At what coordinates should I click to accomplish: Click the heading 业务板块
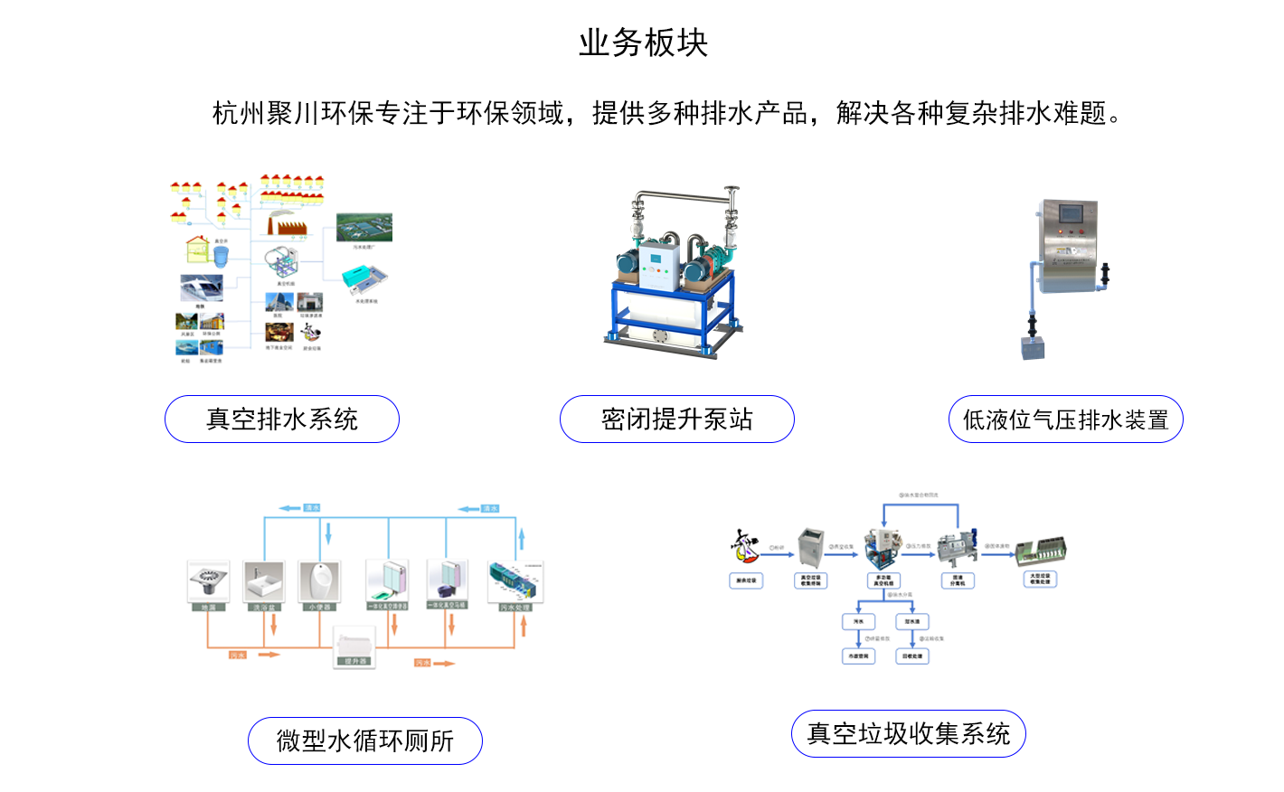click(x=643, y=42)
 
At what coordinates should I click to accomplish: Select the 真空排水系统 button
click(x=282, y=420)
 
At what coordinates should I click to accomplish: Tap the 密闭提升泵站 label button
click(x=677, y=420)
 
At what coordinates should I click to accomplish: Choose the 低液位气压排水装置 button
click(x=1065, y=420)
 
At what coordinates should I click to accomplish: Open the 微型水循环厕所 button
click(x=365, y=741)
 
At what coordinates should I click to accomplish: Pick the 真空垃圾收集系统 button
click(x=909, y=734)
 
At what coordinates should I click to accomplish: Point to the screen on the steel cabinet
click(x=1072, y=215)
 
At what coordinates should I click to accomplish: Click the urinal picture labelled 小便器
click(x=319, y=581)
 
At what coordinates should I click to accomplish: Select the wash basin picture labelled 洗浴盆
click(x=264, y=581)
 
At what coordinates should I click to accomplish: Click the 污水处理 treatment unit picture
click(x=515, y=581)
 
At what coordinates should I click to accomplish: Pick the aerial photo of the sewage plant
click(x=364, y=227)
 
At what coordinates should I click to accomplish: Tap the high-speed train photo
click(x=202, y=288)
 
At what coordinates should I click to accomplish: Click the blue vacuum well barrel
click(x=221, y=256)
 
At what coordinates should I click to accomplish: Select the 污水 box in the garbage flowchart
click(x=858, y=622)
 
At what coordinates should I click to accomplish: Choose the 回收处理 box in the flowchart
click(x=911, y=656)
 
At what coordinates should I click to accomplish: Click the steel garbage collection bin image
click(x=811, y=548)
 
